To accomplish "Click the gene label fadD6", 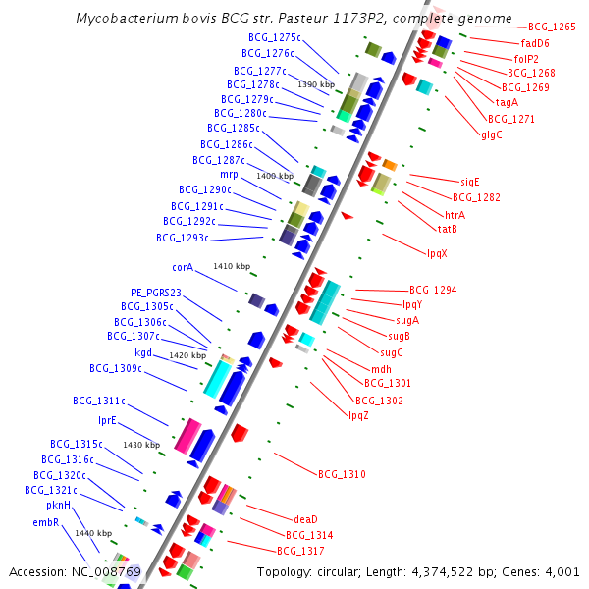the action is click(535, 43).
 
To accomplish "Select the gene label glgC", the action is click(492, 134).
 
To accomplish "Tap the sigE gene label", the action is click(470, 182).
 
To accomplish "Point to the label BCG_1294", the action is click(433, 290).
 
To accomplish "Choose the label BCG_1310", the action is click(342, 474).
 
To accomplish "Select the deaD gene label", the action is click(306, 519).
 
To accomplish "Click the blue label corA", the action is click(183, 267).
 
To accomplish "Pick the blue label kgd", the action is click(143, 352).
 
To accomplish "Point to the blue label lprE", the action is click(107, 420).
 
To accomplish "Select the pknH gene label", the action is click(59, 505).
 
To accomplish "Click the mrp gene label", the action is click(229, 174).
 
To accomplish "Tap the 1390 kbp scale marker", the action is click(316, 84).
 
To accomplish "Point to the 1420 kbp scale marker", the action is click(187, 355).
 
